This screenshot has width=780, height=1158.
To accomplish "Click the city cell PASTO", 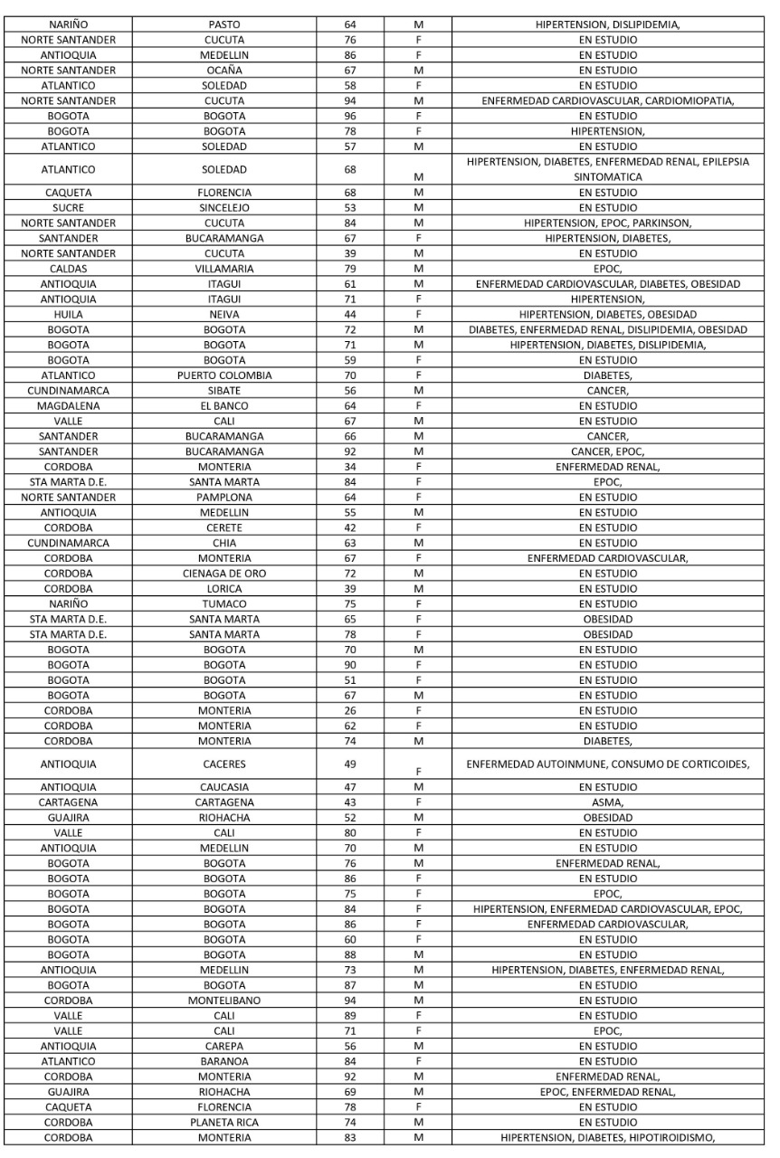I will [x=224, y=24].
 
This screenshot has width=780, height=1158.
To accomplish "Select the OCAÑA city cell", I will [x=224, y=70].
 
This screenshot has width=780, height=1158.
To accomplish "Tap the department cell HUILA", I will [x=69, y=315].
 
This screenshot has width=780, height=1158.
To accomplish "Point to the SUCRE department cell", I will [x=69, y=208].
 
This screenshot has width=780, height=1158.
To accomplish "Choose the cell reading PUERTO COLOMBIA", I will [x=224, y=375].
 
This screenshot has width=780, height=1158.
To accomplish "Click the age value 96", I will [x=349, y=117].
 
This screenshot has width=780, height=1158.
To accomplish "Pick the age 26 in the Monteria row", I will [x=349, y=710].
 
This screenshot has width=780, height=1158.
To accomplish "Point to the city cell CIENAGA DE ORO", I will [x=224, y=574].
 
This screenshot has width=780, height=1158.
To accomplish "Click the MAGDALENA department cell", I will [x=69, y=405].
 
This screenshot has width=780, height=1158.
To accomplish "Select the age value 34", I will [x=349, y=467].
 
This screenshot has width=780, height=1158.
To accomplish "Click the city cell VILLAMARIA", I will [x=224, y=269].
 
